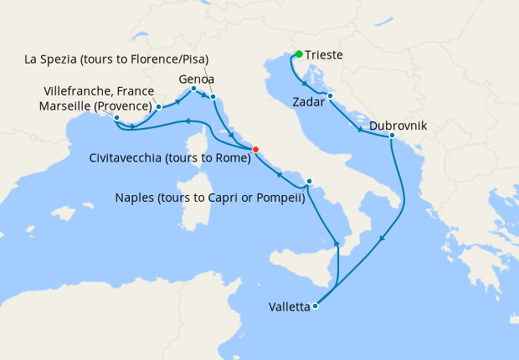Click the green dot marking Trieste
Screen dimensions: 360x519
point(299,54)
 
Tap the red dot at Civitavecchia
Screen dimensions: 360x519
point(256,150)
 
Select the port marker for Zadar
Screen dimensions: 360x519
point(331,95)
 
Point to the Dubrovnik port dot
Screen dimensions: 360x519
point(392,135)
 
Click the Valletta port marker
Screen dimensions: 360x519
point(315,306)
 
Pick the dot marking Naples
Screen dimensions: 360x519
point(309,182)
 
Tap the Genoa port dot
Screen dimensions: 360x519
point(193,89)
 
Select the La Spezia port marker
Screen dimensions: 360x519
point(213,97)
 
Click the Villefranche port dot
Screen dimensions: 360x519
point(158,107)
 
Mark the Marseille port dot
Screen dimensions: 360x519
point(116,118)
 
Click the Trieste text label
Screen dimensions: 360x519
point(324,56)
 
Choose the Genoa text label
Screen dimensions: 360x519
point(195,78)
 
